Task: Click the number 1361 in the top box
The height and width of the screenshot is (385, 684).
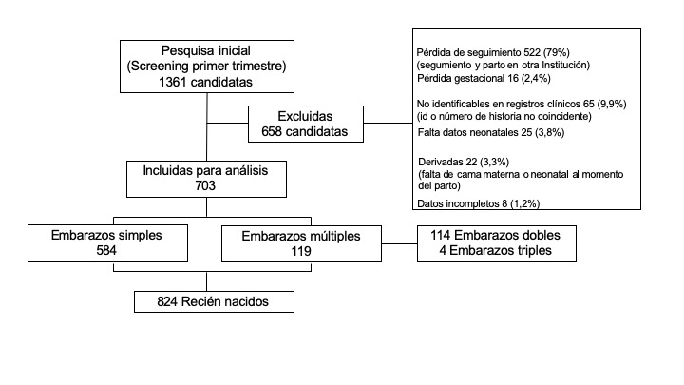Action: tap(177, 83)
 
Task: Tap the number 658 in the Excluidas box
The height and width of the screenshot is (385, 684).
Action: tap(265, 130)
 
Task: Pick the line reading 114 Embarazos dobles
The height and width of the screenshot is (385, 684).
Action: tap(494, 235)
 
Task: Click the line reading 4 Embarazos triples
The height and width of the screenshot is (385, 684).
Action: tap(494, 251)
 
